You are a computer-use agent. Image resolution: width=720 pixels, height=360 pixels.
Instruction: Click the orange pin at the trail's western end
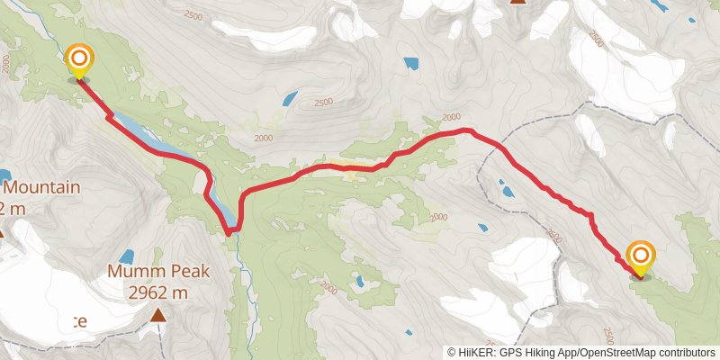[x=79, y=60]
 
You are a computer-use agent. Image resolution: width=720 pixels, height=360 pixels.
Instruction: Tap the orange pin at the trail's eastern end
[x=641, y=256]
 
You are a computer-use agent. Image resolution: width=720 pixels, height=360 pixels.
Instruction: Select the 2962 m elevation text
[x=157, y=292]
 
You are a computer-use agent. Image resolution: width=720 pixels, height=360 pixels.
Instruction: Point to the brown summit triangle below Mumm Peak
[x=158, y=315]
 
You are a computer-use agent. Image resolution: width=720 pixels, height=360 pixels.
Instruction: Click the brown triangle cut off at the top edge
[x=517, y=3]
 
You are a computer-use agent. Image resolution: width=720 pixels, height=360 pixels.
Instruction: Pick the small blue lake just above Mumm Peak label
[x=126, y=256]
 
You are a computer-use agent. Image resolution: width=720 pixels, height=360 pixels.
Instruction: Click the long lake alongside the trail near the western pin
[x=144, y=136]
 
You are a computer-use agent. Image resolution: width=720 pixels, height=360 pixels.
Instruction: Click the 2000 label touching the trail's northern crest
[x=451, y=117]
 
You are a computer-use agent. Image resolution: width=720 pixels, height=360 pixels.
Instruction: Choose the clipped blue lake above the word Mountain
[x=4, y=175]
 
